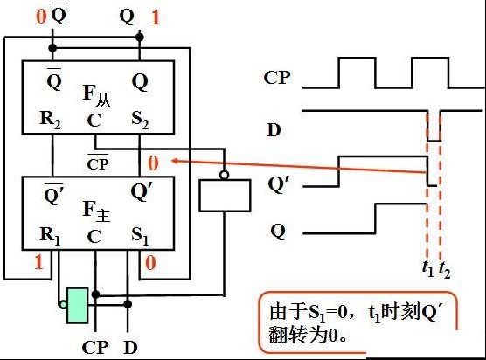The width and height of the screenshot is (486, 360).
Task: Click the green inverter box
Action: [77, 306]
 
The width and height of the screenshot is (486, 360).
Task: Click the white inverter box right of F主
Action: [225, 196]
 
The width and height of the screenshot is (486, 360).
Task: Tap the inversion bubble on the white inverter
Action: [225, 176]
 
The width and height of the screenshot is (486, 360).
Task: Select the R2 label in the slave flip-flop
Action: [50, 120]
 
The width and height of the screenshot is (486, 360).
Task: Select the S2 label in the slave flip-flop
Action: [140, 120]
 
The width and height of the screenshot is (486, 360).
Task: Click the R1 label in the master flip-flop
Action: [50, 236]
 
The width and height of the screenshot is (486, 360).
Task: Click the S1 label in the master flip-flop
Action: [140, 236]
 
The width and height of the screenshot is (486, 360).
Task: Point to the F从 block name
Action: [96, 95]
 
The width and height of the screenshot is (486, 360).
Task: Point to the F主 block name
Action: [96, 211]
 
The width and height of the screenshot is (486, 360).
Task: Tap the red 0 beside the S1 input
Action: [150, 263]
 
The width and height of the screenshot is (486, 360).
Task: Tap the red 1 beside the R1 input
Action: [38, 262]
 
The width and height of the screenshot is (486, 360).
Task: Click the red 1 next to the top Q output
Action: [156, 17]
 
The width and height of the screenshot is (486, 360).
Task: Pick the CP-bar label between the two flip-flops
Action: [98, 163]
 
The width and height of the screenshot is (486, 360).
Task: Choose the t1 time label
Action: [428, 268]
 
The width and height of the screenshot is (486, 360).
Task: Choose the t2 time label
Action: [444, 269]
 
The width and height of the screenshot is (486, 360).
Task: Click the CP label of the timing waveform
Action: [277, 78]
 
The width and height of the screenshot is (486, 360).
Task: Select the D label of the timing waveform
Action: [274, 130]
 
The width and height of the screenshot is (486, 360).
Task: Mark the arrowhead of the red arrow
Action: [175, 161]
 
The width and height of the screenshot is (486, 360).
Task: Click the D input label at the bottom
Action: [130, 348]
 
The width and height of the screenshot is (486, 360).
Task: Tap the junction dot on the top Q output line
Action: [140, 38]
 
